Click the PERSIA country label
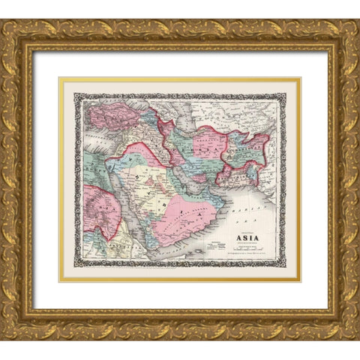pos(201,142)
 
